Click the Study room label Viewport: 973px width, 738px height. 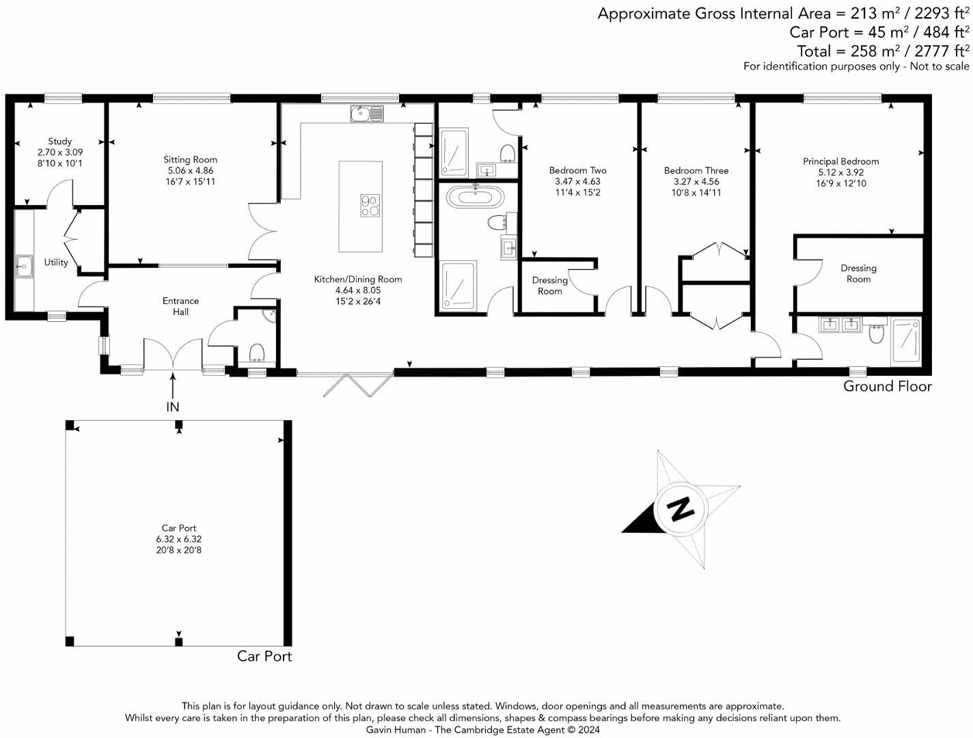point(59,141)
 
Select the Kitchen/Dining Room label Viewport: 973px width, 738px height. point(357,279)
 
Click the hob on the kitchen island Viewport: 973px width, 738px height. point(370,205)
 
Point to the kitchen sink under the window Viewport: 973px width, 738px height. point(367,113)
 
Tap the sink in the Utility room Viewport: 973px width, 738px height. point(25,265)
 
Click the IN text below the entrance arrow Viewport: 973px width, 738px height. point(173,407)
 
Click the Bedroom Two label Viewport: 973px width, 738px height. point(577,170)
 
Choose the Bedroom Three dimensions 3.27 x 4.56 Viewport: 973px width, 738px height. point(696,182)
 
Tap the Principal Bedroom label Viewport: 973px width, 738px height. point(840,161)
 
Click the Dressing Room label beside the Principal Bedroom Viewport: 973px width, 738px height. point(858,273)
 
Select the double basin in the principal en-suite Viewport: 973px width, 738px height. point(840,325)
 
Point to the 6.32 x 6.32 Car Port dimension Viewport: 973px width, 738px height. point(178,538)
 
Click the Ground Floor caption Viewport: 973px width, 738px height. point(887,386)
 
